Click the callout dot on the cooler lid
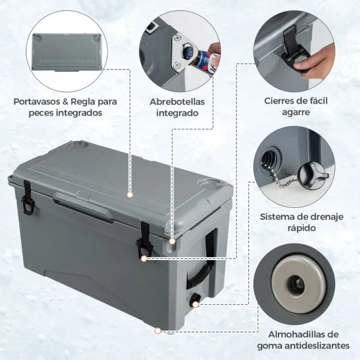130,195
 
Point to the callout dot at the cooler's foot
157,330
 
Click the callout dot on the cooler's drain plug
196,302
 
